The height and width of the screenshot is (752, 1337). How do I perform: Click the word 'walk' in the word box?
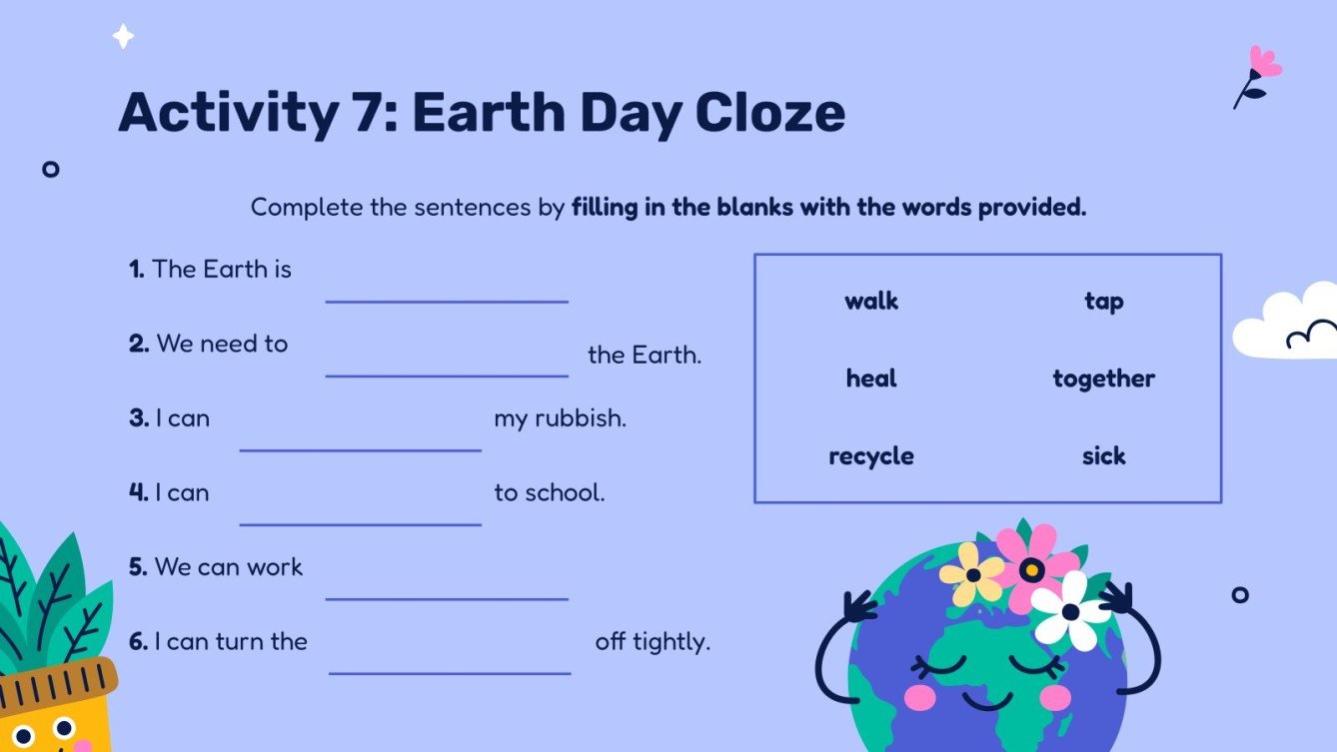click(x=871, y=301)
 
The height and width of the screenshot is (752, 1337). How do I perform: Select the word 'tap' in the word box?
click(x=1103, y=301)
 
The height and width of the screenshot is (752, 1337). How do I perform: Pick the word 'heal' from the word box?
click(x=871, y=378)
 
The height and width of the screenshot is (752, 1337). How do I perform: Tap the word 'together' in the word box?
click(x=1103, y=378)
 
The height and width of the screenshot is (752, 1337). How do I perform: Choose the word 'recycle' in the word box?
click(x=871, y=456)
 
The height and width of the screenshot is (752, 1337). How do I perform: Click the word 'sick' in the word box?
click(x=1103, y=456)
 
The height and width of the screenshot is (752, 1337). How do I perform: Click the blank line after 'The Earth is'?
click(x=447, y=300)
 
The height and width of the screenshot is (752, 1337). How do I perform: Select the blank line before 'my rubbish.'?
click(x=360, y=448)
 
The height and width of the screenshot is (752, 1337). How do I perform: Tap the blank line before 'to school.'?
click(x=360, y=523)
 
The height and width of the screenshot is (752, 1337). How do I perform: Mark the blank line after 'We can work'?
click(x=447, y=598)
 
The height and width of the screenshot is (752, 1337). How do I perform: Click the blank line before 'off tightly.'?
click(x=450, y=672)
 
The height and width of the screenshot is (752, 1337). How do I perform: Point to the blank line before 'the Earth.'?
click(x=447, y=375)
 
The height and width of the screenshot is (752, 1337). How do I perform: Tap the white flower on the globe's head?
click(x=1070, y=610)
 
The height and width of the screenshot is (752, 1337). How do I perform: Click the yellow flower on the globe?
click(x=972, y=574)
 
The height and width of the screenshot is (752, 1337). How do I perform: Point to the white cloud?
click(x=1287, y=324)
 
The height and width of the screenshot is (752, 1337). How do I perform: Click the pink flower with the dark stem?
click(x=1263, y=63)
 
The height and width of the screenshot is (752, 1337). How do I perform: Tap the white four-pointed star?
click(x=123, y=37)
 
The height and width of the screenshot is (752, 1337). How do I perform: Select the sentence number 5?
click(x=138, y=567)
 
